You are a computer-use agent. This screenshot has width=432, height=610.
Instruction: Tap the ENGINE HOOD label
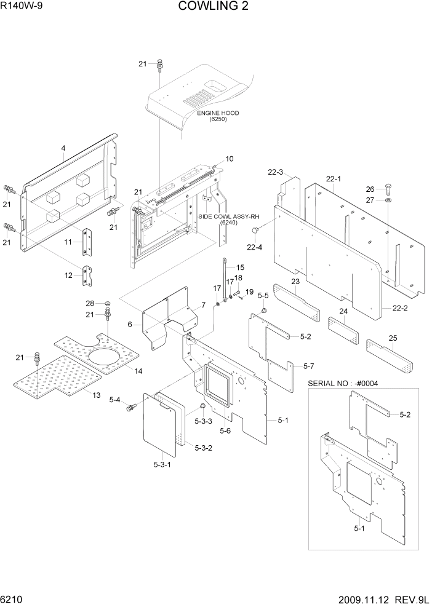click(218, 113)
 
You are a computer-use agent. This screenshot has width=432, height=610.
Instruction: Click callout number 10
click(229, 159)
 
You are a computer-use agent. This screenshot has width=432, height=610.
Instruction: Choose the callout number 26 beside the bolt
click(388, 189)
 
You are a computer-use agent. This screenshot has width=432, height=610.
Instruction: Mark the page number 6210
click(12, 600)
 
